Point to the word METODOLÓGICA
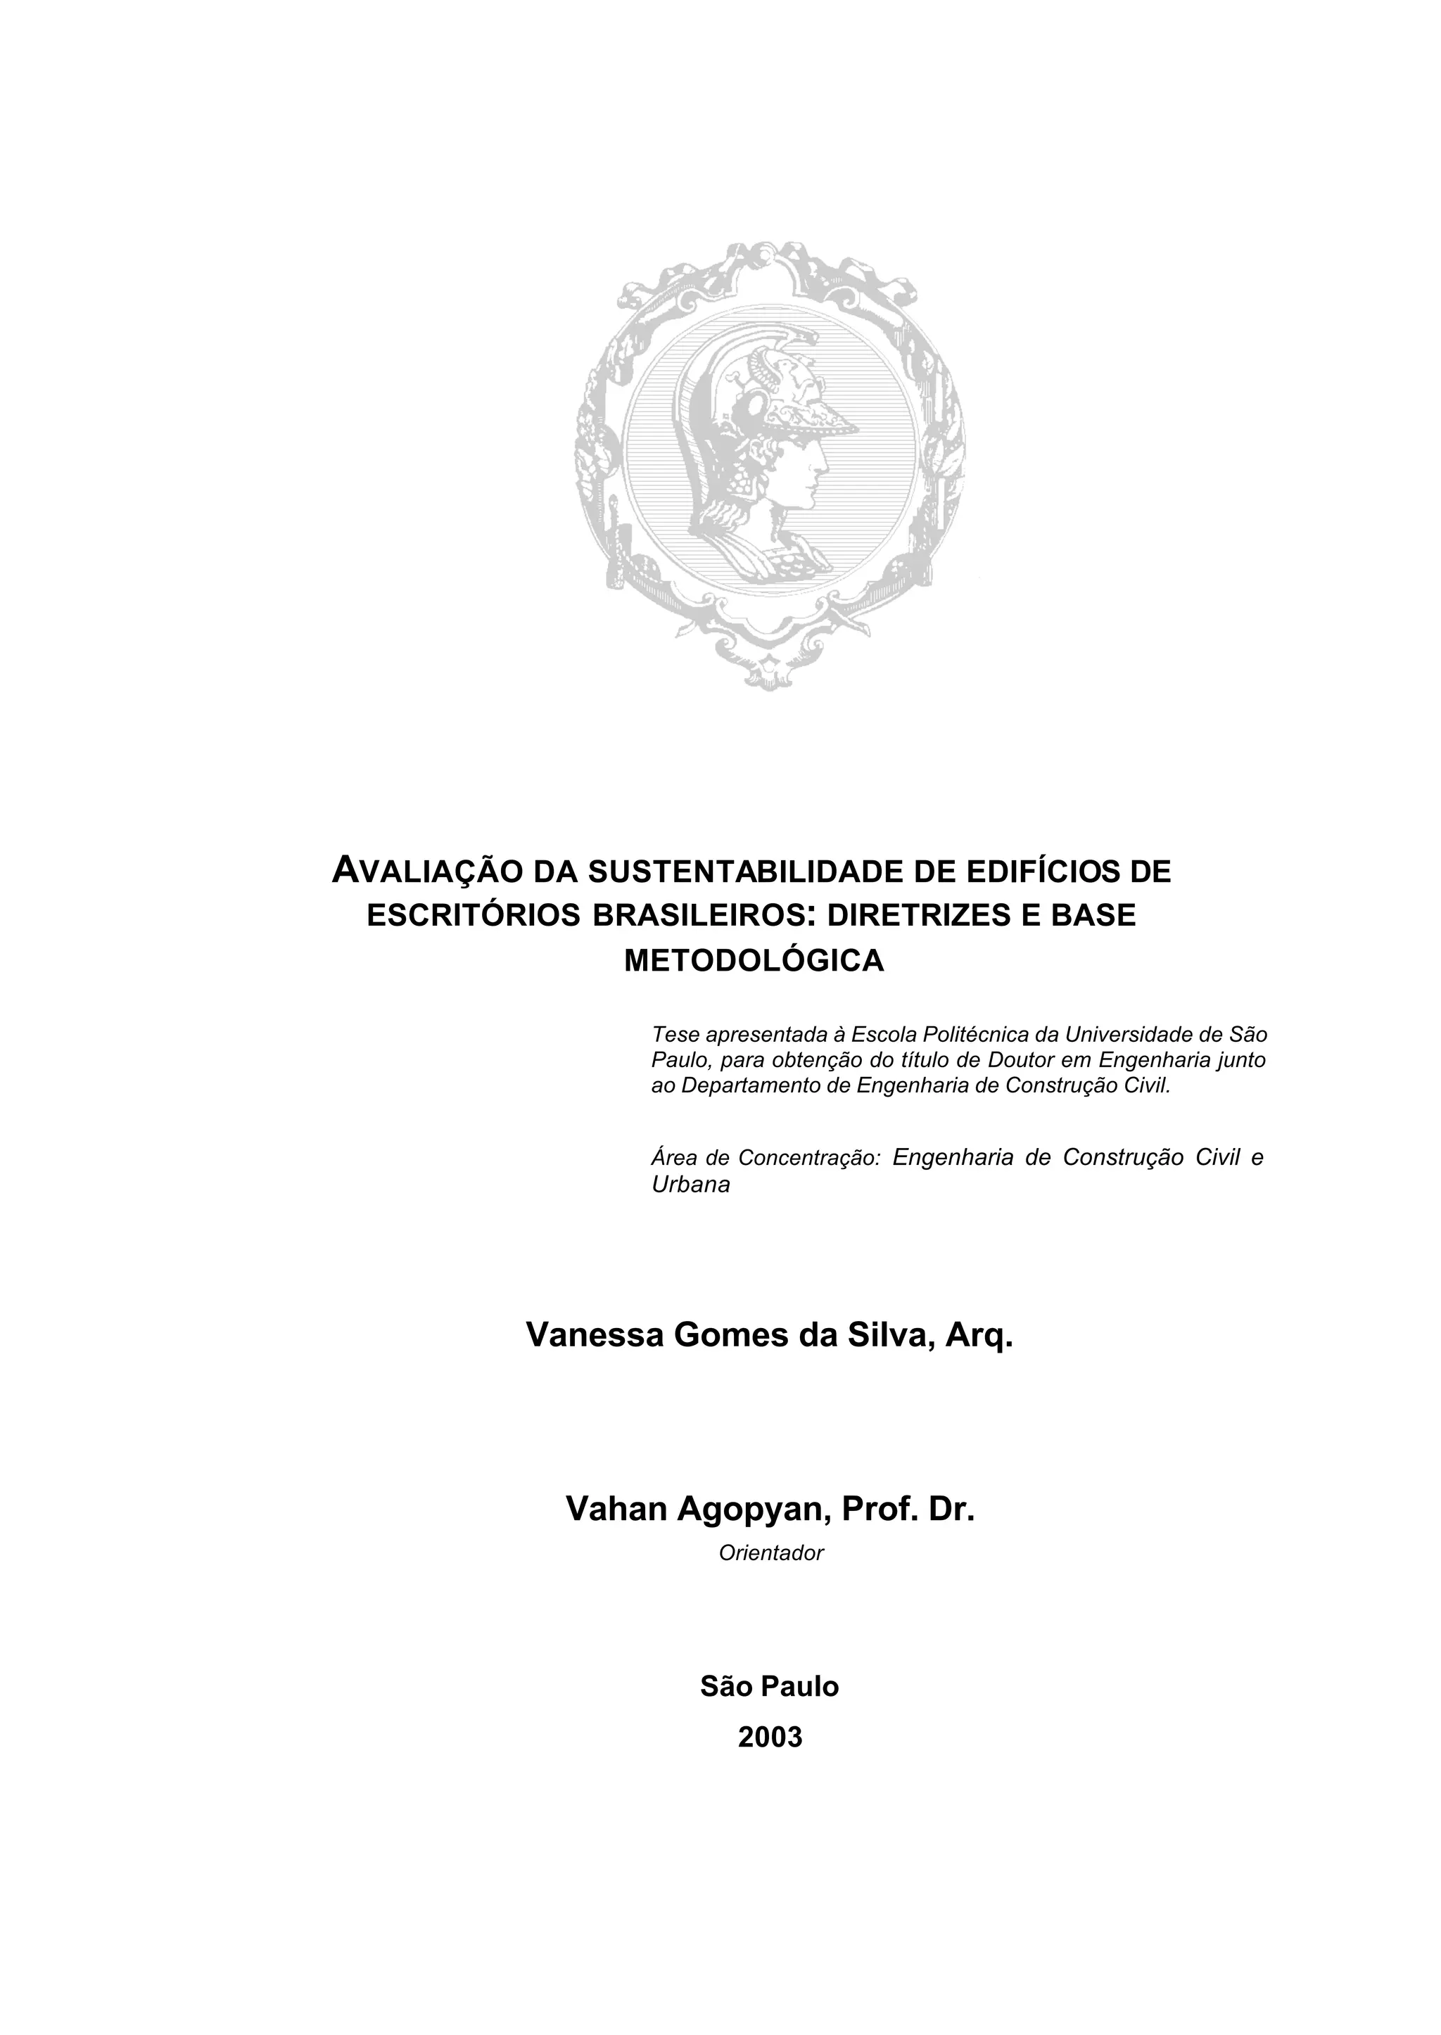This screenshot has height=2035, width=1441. (x=754, y=961)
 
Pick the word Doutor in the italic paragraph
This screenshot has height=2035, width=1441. (x=1022, y=1060)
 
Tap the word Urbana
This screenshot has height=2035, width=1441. (x=690, y=1185)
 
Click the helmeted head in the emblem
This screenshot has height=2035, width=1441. (x=763, y=444)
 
